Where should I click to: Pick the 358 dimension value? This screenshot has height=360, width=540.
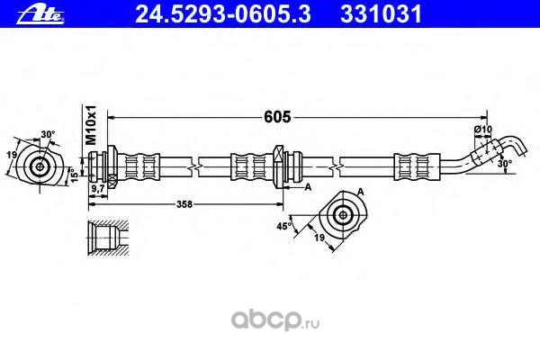click(185, 204)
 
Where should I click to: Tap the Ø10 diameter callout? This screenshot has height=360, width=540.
click(485, 131)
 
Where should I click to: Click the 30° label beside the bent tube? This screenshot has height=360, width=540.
click(505, 164)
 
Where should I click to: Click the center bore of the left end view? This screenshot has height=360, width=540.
click(41, 166)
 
